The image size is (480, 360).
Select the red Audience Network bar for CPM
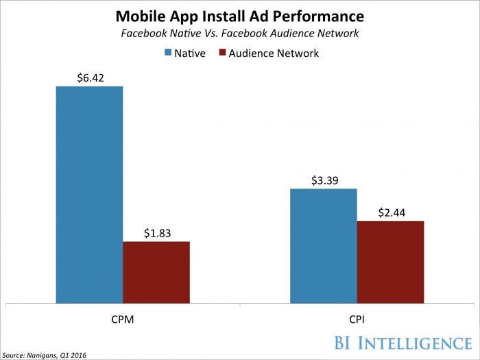(x=156, y=272)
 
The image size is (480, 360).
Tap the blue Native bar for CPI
(x=323, y=245)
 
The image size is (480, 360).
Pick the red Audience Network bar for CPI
(x=390, y=261)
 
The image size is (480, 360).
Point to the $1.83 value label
(x=156, y=232)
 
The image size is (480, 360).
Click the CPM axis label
(x=123, y=319)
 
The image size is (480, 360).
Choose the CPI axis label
(x=357, y=319)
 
